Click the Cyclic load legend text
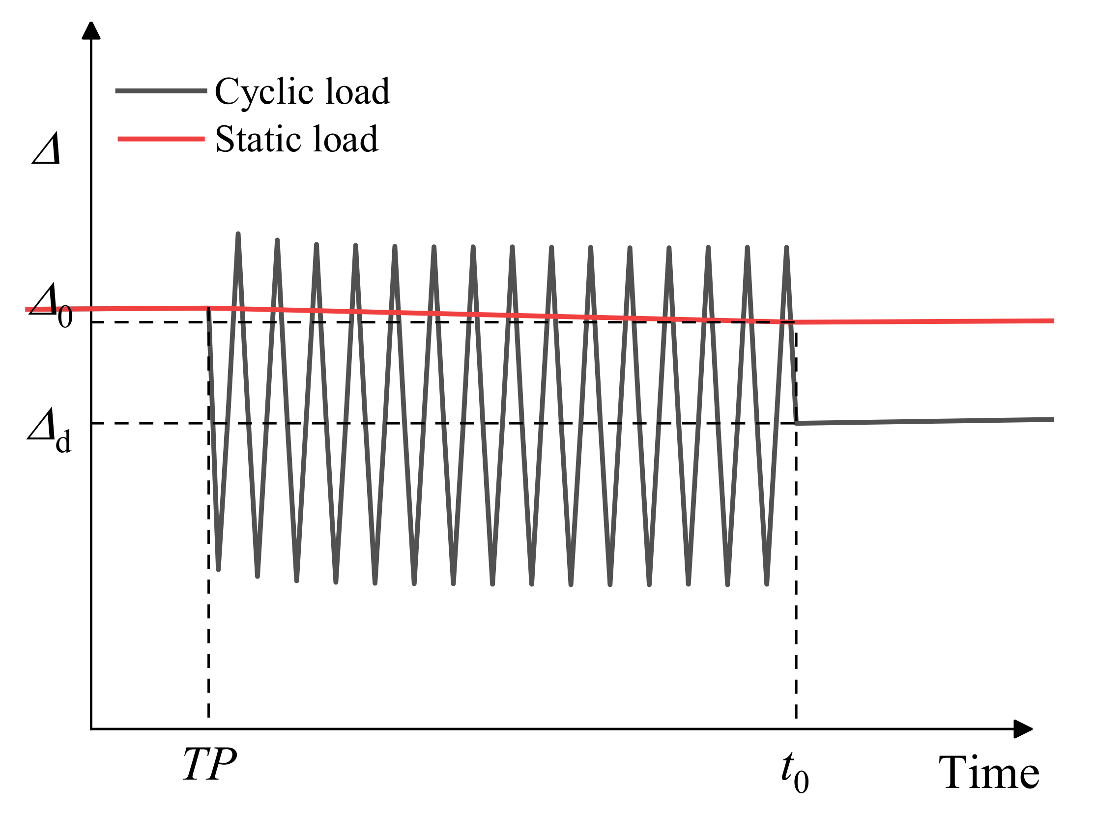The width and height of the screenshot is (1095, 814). tap(302, 92)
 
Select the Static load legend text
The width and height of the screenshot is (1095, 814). tap(296, 140)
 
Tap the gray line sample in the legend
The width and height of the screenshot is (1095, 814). tap(161, 90)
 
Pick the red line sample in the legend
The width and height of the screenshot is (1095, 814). tap(161, 139)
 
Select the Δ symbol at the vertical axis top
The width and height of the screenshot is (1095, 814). tap(47, 149)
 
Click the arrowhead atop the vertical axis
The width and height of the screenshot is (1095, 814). tap(91, 30)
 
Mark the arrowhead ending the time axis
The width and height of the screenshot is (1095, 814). tap(1023, 729)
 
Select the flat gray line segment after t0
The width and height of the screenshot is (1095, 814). tap(926, 421)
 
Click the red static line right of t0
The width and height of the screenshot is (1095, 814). tap(926, 321)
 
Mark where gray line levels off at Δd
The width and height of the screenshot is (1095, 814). tap(798, 423)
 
